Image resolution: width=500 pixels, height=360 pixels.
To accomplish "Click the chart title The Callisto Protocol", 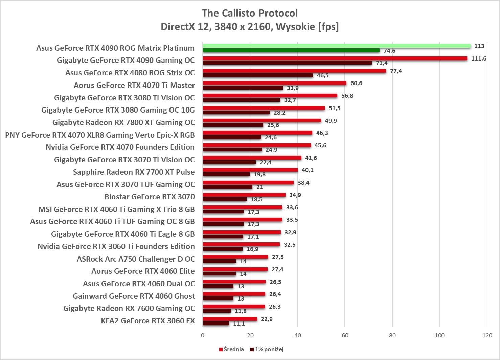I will [x=250, y=13].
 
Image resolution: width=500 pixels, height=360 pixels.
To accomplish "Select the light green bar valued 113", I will [x=337, y=46].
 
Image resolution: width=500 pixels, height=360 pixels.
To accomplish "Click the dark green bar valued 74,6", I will [x=291, y=50].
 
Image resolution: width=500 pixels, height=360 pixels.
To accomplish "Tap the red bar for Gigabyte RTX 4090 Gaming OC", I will [x=335, y=58].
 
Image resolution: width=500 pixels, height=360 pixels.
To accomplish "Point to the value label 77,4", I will [x=396, y=71].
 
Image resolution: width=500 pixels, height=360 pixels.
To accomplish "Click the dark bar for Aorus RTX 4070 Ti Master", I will [x=243, y=88].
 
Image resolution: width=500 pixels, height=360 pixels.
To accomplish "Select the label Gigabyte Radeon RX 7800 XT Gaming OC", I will [x=123, y=122].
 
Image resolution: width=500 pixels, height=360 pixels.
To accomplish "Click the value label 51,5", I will [x=335, y=108].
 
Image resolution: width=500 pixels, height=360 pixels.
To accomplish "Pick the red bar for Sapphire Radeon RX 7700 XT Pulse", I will [x=250, y=170].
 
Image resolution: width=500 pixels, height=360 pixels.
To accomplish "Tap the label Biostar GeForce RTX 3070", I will [x=150, y=197].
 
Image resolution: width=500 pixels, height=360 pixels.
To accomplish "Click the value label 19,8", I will [x=259, y=174].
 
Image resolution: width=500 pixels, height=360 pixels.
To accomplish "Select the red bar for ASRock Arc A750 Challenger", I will [x=235, y=257].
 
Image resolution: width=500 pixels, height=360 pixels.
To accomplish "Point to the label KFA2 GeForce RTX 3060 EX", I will [x=148, y=321].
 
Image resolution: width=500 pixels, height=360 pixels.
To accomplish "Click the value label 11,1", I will [x=239, y=323].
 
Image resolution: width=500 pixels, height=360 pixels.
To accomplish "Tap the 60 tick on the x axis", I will [x=345, y=335].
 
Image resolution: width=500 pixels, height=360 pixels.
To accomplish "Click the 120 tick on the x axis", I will [x=487, y=335].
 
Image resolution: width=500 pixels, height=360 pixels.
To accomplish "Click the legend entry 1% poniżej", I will [x=267, y=349].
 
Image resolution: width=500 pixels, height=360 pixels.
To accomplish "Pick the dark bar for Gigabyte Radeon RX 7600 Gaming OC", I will [x=217, y=311].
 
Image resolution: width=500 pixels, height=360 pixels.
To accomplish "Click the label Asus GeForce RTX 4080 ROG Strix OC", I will [x=130, y=73].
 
